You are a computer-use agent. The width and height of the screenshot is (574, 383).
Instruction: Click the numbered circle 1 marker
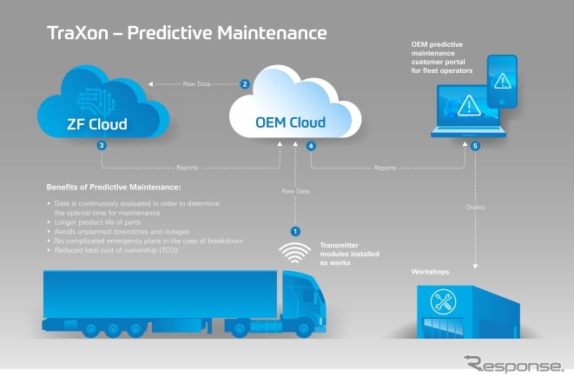point(294,231)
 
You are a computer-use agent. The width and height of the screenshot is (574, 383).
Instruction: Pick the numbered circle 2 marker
point(245,84)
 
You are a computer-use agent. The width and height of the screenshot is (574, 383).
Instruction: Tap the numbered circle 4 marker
point(311,148)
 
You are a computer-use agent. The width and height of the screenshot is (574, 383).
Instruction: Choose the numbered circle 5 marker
point(475,147)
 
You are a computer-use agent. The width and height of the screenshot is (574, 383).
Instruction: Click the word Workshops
point(432,272)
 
